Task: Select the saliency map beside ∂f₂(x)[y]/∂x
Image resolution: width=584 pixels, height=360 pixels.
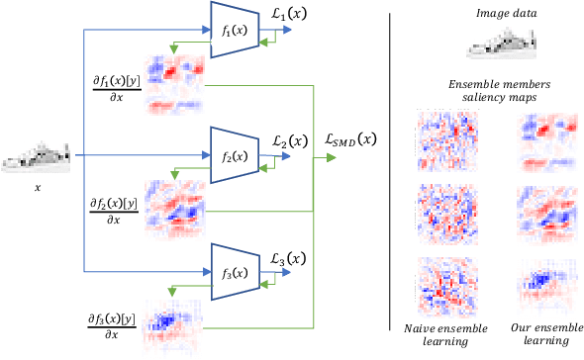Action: click(175, 208)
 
